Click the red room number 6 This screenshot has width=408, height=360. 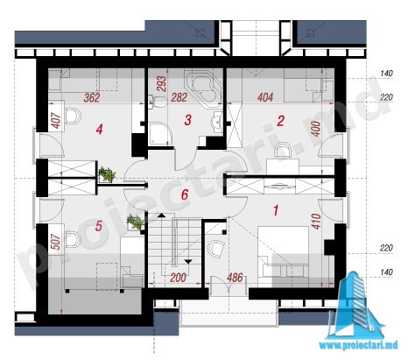pyautogui.click(x=185, y=194)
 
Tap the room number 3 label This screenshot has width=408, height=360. pyautogui.click(x=188, y=120)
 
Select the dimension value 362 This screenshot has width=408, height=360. pyautogui.click(x=92, y=98)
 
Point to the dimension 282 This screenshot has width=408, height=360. pyautogui.click(x=179, y=97)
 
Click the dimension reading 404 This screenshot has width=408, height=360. pyautogui.click(x=265, y=97)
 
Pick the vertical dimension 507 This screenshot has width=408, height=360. pyautogui.click(x=56, y=242)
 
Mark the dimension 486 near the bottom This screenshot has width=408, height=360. pyautogui.click(x=235, y=278)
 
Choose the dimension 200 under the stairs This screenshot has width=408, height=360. pyautogui.click(x=178, y=278)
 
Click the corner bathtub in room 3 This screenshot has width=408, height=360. pyautogui.click(x=205, y=86)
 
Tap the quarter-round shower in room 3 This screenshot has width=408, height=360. pyautogui.click(x=160, y=134)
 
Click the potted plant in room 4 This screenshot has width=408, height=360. pyautogui.click(x=107, y=174)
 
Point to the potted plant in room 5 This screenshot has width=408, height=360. pyautogui.click(x=135, y=222)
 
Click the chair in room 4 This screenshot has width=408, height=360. pyautogui.click(x=73, y=116)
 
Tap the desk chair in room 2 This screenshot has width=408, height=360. pyautogui.click(x=283, y=150)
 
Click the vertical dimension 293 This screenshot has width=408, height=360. pyautogui.click(x=161, y=83)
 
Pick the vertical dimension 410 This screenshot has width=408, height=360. pyautogui.click(x=316, y=221)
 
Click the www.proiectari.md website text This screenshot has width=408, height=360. pyautogui.click(x=358, y=345)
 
